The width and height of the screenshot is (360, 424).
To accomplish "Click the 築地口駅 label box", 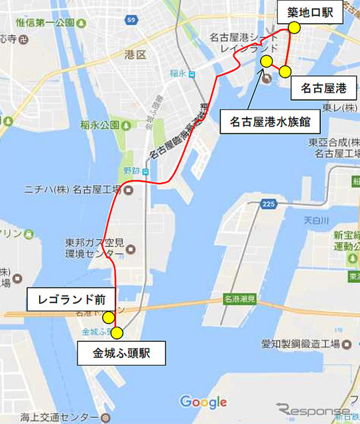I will [314, 12].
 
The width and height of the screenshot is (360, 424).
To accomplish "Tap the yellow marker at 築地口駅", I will [292, 28].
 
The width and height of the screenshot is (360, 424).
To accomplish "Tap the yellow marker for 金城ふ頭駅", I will [117, 333].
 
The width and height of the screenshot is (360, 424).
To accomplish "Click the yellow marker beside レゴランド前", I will [108, 316].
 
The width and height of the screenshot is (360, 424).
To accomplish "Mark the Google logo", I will [203, 401].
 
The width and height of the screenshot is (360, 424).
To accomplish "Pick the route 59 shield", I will [131, 21].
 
